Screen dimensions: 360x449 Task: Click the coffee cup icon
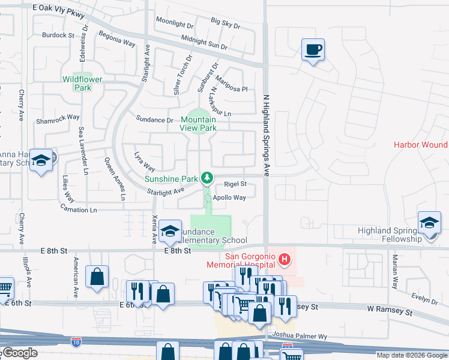[x=313, y=49]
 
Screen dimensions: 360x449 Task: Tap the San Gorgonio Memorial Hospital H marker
[x=285, y=260]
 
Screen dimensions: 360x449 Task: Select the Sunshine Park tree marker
[x=207, y=178]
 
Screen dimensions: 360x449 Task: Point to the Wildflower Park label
[x=82, y=83]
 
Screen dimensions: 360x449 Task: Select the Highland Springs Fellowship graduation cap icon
[x=430, y=223]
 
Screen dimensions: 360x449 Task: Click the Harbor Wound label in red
[x=420, y=145]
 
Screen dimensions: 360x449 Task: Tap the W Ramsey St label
[x=390, y=313]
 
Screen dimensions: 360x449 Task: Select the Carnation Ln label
[x=78, y=209]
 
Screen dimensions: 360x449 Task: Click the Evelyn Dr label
[x=425, y=298]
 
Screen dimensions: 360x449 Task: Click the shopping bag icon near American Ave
[x=97, y=277]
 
